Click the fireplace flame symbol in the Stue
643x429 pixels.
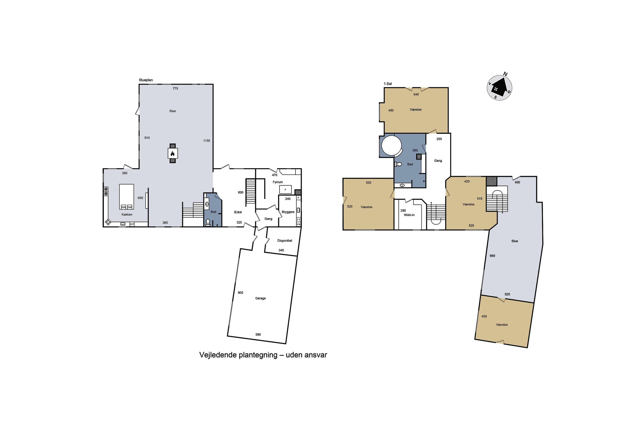173,154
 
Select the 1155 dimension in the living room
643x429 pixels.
207,141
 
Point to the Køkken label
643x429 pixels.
127,214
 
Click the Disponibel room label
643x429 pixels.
285,241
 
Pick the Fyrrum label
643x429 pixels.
278,182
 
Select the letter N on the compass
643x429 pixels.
505,74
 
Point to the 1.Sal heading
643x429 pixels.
388,84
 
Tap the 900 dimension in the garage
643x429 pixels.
240,293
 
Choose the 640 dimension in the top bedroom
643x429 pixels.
416,94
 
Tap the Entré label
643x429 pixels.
238,212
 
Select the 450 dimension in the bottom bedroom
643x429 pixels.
484,316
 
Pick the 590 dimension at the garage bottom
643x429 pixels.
258,335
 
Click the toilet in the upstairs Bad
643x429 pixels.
398,164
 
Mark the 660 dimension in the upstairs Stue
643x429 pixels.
492,256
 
